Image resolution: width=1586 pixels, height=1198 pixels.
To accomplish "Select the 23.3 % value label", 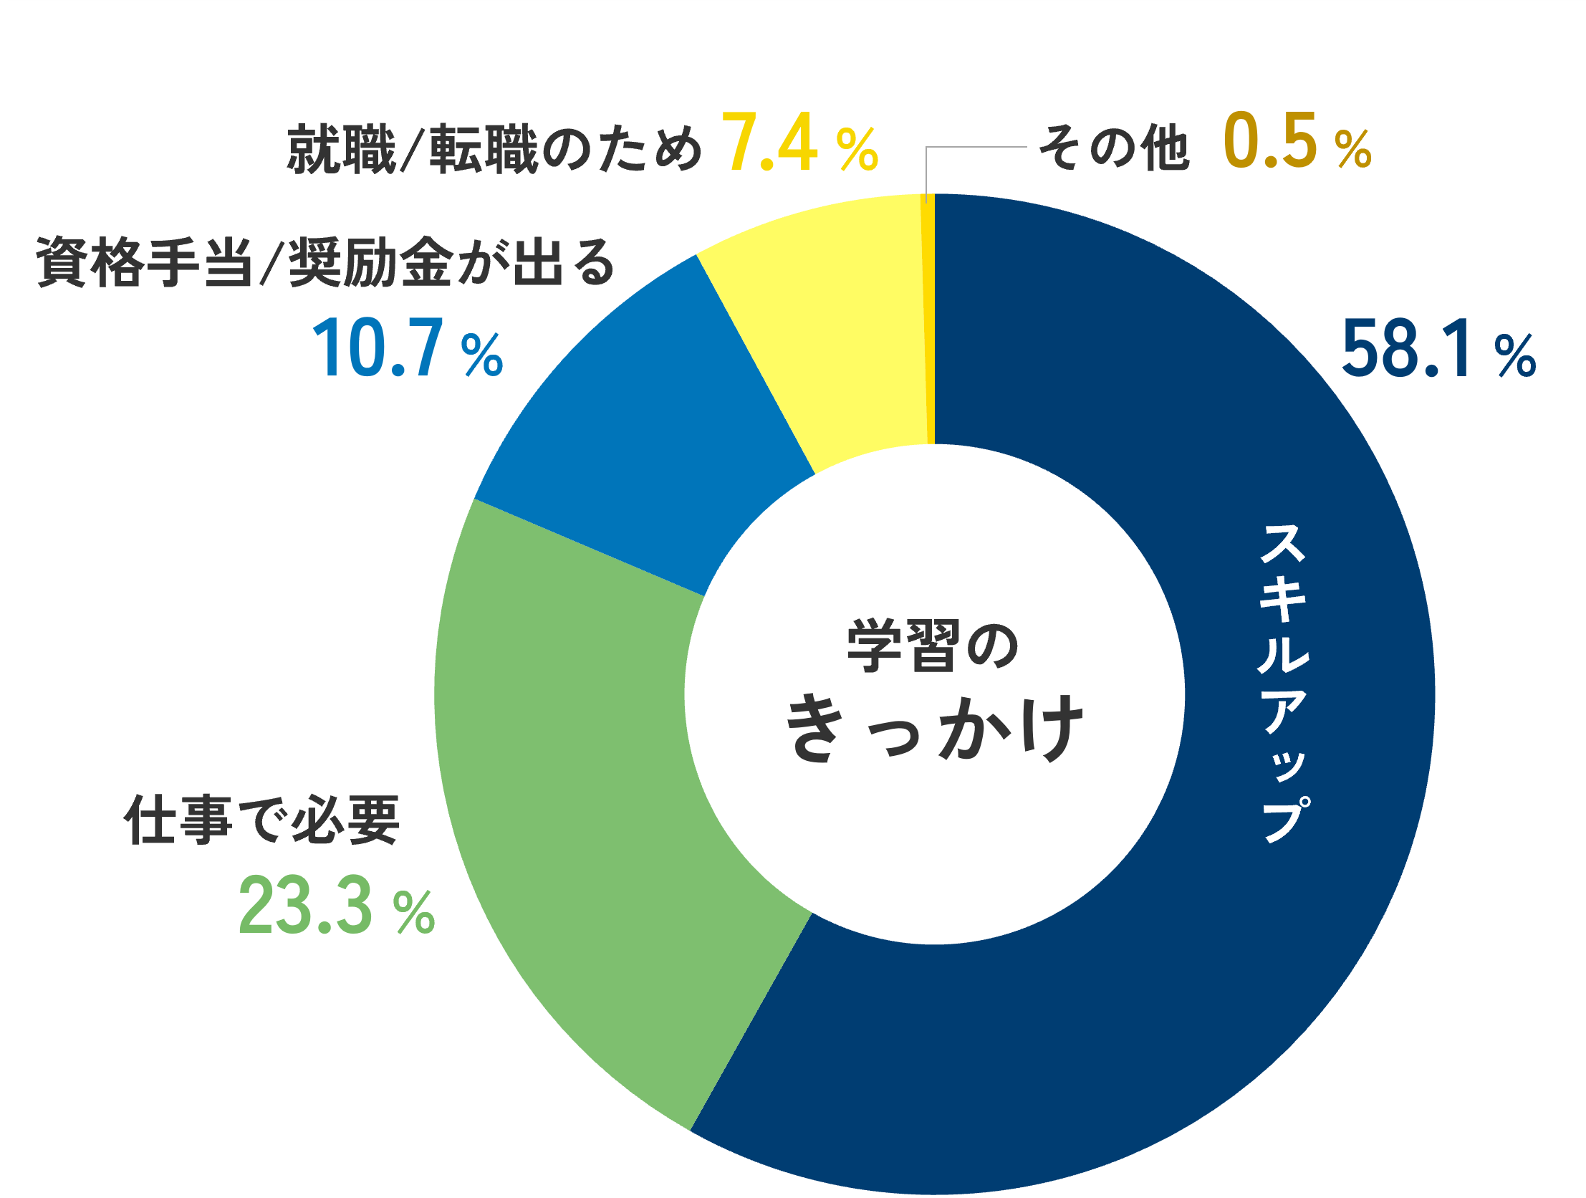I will [336, 908].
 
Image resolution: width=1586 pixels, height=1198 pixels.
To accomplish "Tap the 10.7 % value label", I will [408, 350].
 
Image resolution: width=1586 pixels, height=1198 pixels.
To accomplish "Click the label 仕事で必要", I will [261, 820].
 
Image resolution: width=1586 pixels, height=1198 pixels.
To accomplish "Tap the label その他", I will [1113, 148].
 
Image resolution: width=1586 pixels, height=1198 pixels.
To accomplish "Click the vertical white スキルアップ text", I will [1284, 681].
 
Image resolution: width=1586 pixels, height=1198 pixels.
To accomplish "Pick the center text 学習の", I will [933, 646].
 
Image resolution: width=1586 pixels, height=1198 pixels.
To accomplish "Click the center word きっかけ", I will [934, 728].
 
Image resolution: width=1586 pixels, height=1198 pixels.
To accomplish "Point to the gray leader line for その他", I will [975, 147].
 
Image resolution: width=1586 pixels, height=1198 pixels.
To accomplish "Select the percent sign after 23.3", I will [415, 913].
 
